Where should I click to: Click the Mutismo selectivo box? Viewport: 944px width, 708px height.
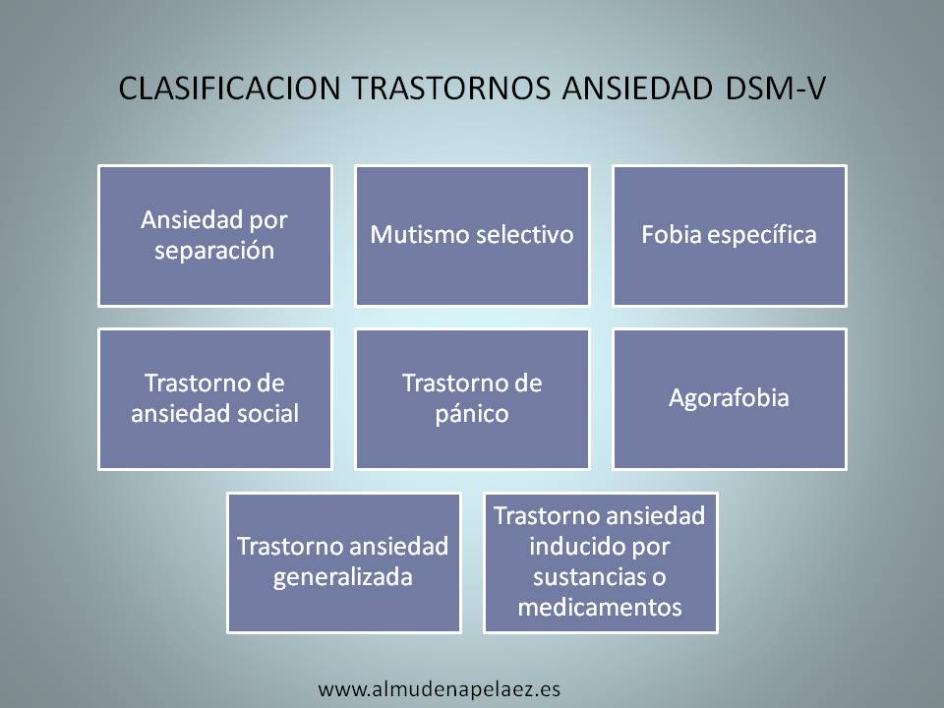pyautogui.click(x=472, y=235)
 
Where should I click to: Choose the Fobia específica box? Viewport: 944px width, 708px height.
pyautogui.click(x=729, y=235)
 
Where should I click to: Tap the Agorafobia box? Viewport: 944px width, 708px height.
pyautogui.click(x=729, y=399)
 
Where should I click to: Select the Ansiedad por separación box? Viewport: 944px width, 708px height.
pyautogui.click(x=214, y=235)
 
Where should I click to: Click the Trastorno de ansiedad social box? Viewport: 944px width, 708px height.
pyautogui.click(x=214, y=399)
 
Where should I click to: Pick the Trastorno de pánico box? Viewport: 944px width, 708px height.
pyautogui.click(x=472, y=399)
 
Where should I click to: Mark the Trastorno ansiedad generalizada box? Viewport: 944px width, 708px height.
pyautogui.click(x=343, y=562)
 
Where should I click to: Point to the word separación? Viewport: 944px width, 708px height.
pyautogui.click(x=214, y=251)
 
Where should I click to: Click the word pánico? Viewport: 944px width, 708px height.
pyautogui.click(x=472, y=415)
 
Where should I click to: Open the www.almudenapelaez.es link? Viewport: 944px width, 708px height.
pyautogui.click(x=439, y=688)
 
